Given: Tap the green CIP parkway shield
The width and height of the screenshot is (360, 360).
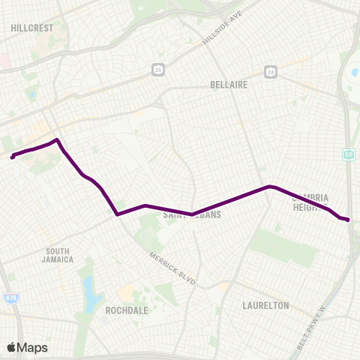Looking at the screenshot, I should (x=348, y=154).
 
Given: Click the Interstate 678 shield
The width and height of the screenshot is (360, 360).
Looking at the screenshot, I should (x=10, y=298).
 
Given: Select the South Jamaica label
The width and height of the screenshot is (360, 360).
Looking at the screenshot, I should (x=58, y=255).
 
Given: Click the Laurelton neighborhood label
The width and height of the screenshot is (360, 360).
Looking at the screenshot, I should (x=265, y=305).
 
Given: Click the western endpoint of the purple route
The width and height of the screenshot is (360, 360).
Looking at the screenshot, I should (x=13, y=157).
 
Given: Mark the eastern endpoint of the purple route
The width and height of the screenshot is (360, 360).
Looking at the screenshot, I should (x=349, y=219).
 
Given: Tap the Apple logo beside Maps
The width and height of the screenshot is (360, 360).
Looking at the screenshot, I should (x=12, y=347).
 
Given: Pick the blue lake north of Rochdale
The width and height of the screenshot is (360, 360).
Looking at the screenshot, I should (x=91, y=291).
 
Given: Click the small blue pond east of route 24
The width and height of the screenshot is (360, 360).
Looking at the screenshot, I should (x=354, y=73).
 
